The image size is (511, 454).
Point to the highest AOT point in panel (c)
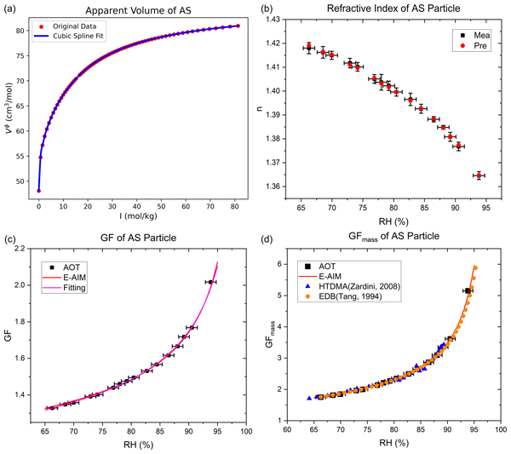[x=210, y=282]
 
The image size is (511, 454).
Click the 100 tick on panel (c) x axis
[x=245, y=430]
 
